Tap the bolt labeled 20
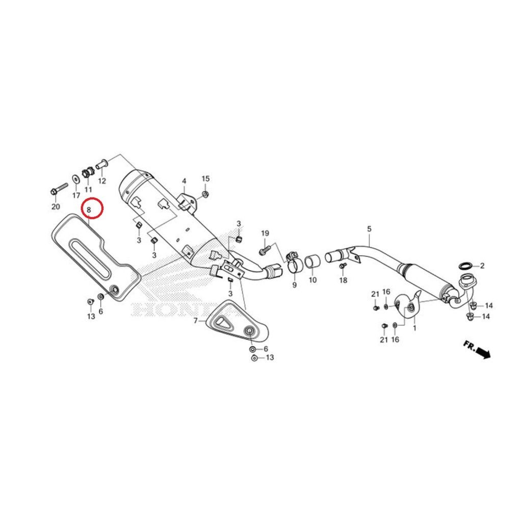(59, 189)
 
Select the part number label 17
(76, 195)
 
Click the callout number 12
(102, 181)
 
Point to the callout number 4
(184, 181)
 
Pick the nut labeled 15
(204, 194)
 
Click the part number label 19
(265, 233)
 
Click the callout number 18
(343, 280)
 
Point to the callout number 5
(369, 229)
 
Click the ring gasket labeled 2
(465, 266)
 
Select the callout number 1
(414, 328)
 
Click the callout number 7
(195, 321)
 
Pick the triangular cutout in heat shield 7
(222, 323)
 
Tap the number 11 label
(88, 189)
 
